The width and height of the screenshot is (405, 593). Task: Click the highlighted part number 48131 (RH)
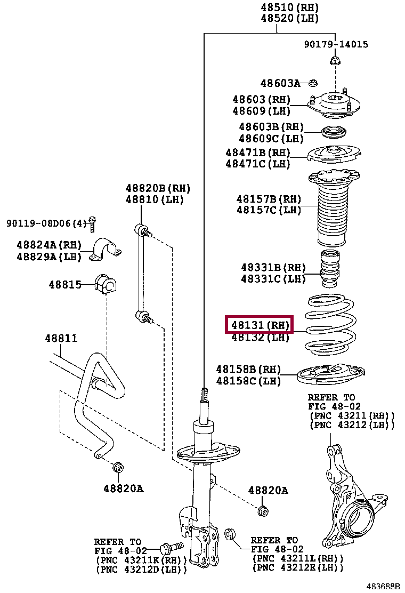(x=260, y=324)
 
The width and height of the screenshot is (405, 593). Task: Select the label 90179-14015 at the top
(x=336, y=44)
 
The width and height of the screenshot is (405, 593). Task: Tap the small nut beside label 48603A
(x=313, y=83)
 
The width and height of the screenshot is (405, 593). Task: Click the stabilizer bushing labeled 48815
(x=105, y=284)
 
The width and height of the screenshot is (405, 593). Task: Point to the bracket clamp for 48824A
(x=105, y=250)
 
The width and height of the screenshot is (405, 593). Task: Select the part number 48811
(x=61, y=338)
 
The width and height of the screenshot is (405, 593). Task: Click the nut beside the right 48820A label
(x=262, y=510)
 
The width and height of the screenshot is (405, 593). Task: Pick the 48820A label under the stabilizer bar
(x=123, y=488)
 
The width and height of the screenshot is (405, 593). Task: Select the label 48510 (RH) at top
(x=289, y=7)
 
